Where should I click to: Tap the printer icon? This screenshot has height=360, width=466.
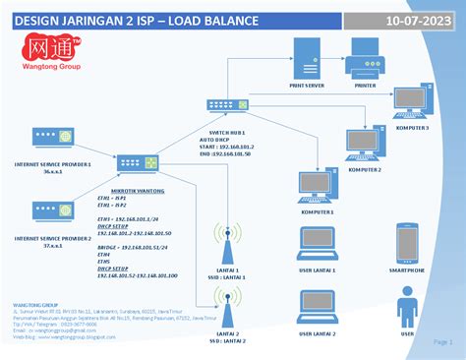(x=365, y=66)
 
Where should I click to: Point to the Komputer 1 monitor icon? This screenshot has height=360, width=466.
(x=317, y=185)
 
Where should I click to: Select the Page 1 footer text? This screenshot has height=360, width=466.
(x=442, y=341)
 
